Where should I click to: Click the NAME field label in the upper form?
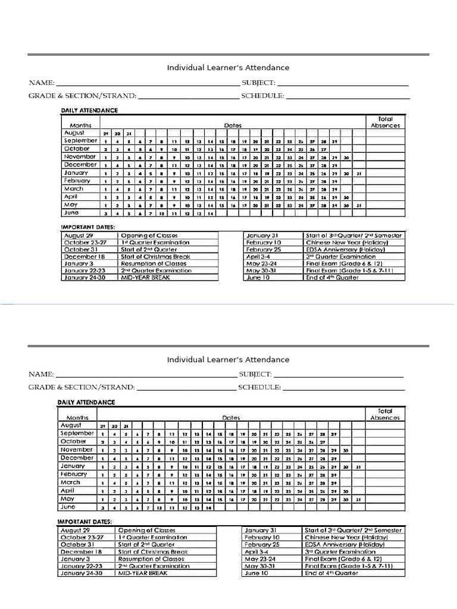[x=41, y=83]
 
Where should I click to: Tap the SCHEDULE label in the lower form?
[x=259, y=387]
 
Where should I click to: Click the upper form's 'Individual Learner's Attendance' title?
[x=228, y=68]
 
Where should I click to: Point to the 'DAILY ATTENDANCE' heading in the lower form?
[x=86, y=402]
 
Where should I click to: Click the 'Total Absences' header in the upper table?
[x=385, y=122]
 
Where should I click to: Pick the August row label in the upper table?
[x=74, y=133]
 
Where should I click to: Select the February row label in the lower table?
[x=74, y=474]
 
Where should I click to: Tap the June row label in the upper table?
[x=71, y=212]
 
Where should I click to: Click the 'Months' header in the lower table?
[x=77, y=417]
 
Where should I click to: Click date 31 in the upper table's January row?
[x=358, y=173]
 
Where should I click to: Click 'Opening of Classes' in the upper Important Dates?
[x=149, y=236]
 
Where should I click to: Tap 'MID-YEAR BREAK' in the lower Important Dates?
[x=143, y=573]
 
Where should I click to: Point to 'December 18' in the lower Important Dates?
[x=77, y=551]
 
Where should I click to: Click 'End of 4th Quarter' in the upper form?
[x=332, y=277]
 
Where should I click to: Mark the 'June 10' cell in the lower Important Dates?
[x=256, y=573]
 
